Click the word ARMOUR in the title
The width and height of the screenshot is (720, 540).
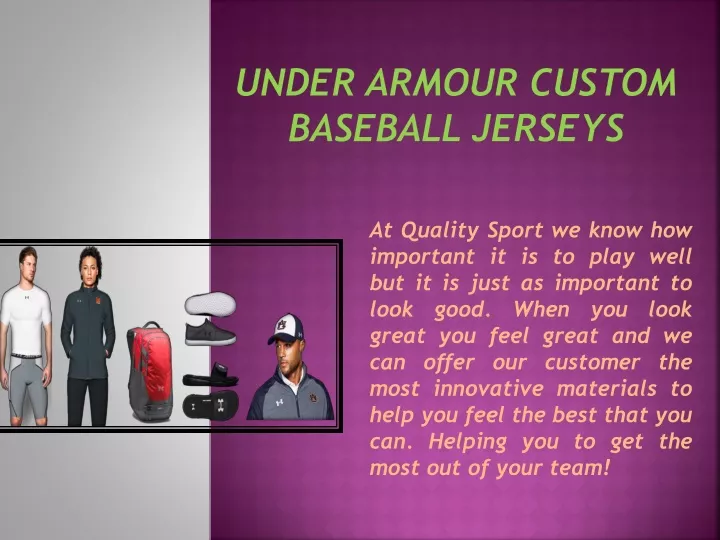click(x=441, y=83)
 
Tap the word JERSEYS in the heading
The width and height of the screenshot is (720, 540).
click(x=548, y=127)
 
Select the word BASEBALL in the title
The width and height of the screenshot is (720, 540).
click(x=374, y=127)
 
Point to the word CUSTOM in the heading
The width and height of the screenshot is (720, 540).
click(x=603, y=83)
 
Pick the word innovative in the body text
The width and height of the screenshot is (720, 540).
click(x=489, y=388)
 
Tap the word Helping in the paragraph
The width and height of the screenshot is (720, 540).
click(x=468, y=443)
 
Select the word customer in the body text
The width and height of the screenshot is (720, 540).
click(x=592, y=363)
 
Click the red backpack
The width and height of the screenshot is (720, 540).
click(x=150, y=372)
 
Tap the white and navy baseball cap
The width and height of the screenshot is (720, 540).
click(x=285, y=329)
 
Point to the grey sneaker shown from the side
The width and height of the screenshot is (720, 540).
click(x=210, y=332)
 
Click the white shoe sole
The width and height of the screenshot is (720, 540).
click(x=210, y=304)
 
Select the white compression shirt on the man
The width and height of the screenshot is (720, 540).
click(x=25, y=319)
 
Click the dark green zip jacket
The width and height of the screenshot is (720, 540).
click(x=88, y=332)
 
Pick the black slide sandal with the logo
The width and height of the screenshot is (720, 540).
click(x=211, y=405)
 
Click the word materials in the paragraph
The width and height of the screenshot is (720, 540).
click(x=607, y=388)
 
